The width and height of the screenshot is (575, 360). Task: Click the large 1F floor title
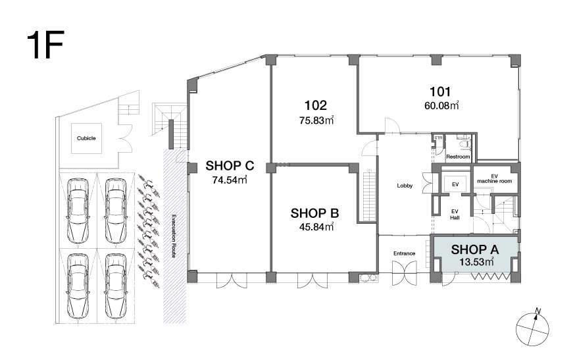tap(45, 45)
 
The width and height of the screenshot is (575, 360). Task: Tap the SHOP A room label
tap(475, 249)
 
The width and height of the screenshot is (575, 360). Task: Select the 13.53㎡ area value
tap(476, 262)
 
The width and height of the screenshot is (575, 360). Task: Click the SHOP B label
tap(314, 213)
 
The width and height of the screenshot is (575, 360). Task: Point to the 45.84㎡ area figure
tap(316, 227)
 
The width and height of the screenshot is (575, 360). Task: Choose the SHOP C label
tap(230, 166)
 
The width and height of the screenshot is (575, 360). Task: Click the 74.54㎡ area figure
tap(230, 180)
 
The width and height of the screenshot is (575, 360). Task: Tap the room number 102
tap(316, 106)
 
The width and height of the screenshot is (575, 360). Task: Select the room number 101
tap(440, 91)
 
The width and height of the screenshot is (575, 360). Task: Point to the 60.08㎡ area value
tap(441, 106)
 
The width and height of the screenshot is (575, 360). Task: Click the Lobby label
tap(405, 186)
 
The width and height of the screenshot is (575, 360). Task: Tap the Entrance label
tap(404, 253)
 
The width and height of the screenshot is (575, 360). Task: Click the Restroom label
tap(458, 157)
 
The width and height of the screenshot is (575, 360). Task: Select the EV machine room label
tap(494, 179)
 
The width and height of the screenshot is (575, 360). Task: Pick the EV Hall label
tap(455, 215)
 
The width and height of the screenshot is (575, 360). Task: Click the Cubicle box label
tap(86, 138)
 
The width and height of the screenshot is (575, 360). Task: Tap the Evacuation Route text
tap(174, 236)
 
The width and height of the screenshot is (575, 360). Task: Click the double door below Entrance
tap(405, 273)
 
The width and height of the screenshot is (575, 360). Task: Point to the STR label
tap(438, 138)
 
